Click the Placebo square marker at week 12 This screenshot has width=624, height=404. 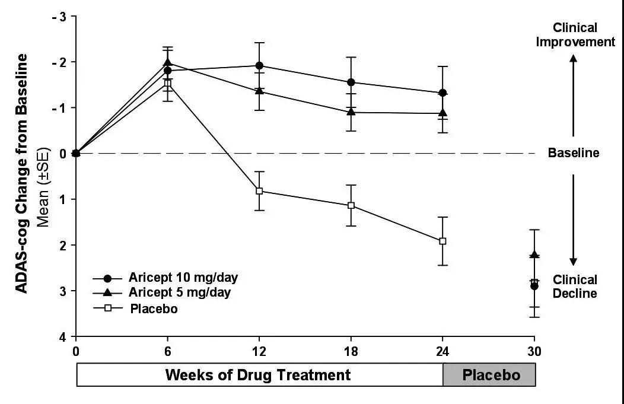[x=259, y=191]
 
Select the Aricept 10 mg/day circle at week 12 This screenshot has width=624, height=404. [x=259, y=65]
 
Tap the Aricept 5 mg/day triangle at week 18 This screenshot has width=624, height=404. [x=351, y=112]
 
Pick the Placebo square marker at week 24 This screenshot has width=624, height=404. [x=442, y=241]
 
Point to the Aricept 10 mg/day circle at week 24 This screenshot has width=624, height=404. [x=442, y=93]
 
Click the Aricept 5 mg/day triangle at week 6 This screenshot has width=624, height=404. [x=168, y=62]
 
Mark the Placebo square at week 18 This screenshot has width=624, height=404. [x=351, y=205]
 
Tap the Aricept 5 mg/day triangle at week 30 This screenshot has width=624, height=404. [x=534, y=255]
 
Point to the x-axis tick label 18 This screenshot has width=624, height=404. [x=351, y=349]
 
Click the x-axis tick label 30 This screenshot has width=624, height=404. [x=534, y=349]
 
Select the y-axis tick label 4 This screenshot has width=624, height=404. [x=62, y=336]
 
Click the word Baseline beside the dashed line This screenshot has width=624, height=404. [x=573, y=153]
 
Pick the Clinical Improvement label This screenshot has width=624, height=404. [x=574, y=34]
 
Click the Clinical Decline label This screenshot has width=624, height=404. [x=574, y=286]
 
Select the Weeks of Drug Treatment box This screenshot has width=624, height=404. [x=259, y=375]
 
